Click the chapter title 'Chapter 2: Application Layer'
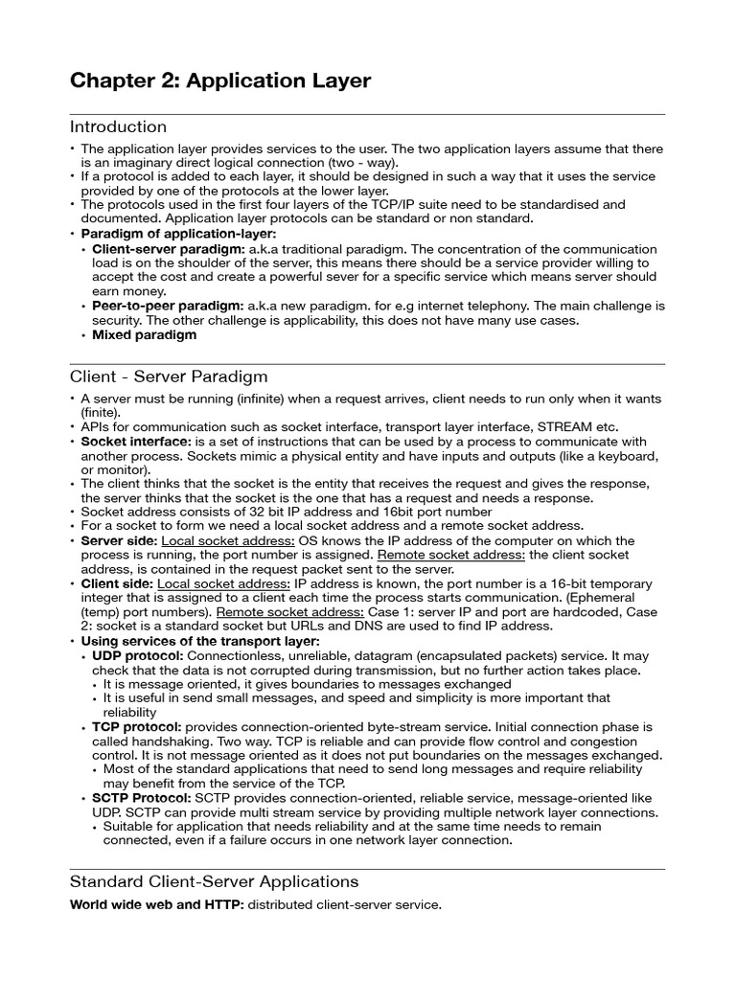pyautogui.click(x=220, y=80)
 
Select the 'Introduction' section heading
pyautogui.click(x=119, y=126)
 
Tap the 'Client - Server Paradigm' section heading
pyautogui.click(x=170, y=376)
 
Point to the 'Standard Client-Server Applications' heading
pyautogui.click(x=215, y=880)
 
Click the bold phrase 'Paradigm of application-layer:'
pyautogui.click(x=178, y=234)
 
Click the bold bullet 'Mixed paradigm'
pyautogui.click(x=144, y=335)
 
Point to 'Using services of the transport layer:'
pyautogui.click(x=200, y=641)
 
